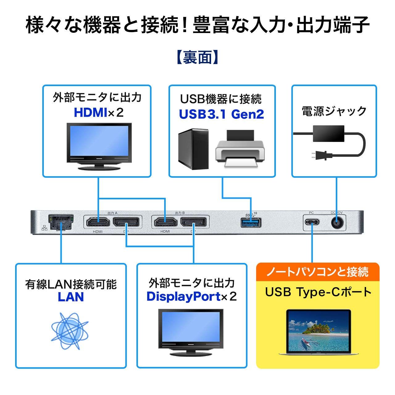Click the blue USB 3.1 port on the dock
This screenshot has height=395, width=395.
pyautogui.click(x=251, y=222)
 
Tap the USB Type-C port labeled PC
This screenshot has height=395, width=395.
pyautogui.click(x=312, y=222)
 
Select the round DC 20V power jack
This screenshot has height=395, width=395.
pyautogui.click(x=337, y=222)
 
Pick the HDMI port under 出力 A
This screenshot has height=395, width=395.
pyautogui.click(x=98, y=222)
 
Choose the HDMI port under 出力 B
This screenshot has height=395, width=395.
pyautogui.click(x=165, y=222)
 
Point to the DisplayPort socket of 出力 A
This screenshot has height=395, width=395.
pyautogui.click(x=126, y=222)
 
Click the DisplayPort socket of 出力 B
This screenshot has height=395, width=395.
pyautogui.click(x=194, y=222)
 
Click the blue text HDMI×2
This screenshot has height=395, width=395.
pyautogui.click(x=98, y=112)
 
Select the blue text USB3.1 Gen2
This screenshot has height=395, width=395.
pyautogui.click(x=222, y=114)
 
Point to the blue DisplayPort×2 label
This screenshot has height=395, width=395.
pyautogui.click(x=191, y=297)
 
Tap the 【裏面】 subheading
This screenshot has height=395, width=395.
pyautogui.click(x=197, y=57)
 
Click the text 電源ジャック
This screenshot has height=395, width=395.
pyautogui.click(x=334, y=111)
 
